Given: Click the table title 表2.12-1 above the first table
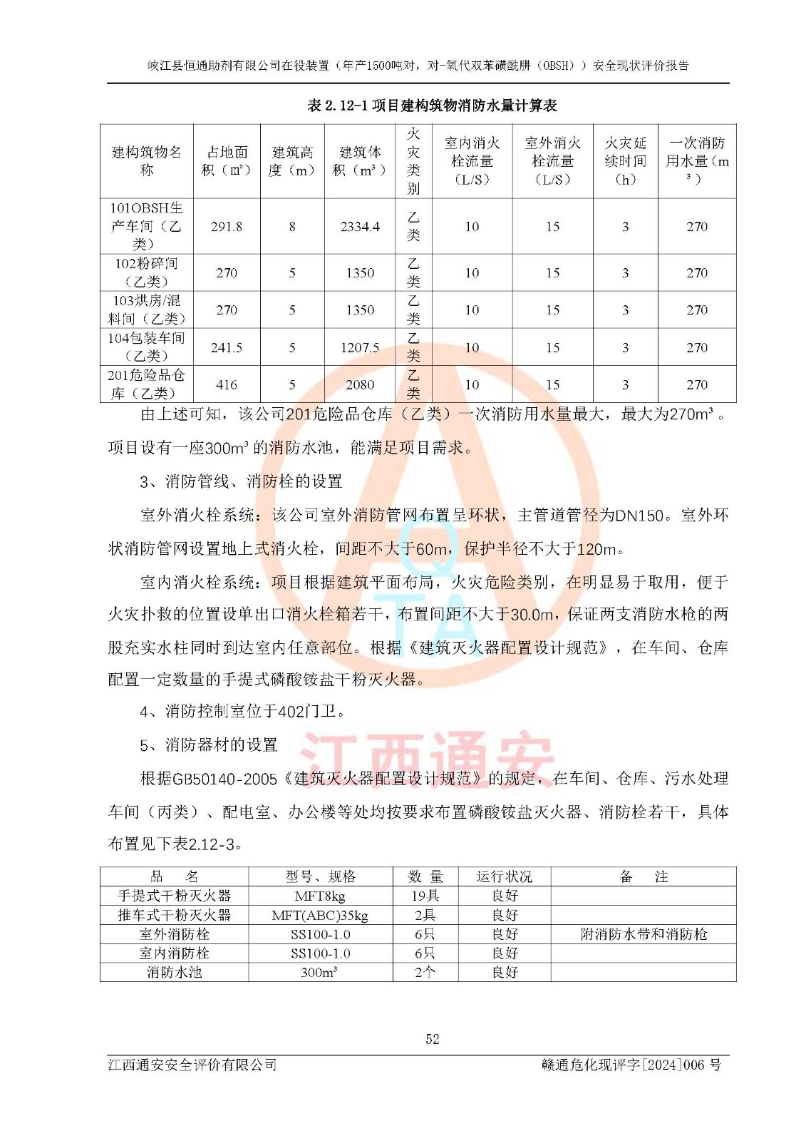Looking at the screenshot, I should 432,106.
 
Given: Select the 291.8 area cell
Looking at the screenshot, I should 226,227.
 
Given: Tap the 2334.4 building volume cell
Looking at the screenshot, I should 360,227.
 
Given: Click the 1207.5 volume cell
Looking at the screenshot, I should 360,348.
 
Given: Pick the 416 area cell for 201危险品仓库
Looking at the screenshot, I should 226,385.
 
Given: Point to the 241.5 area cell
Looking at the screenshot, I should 226,348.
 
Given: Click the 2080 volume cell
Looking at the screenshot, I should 360,385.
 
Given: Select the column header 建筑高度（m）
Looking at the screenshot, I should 292,161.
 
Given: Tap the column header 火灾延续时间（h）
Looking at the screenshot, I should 625,161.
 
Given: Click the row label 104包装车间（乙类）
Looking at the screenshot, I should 146,347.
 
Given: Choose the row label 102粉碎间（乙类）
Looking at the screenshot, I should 146,272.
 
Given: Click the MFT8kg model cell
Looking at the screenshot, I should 320,896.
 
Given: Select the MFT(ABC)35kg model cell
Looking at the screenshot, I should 320,916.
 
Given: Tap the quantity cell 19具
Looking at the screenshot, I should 425,896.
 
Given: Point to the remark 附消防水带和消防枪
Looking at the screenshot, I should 644,934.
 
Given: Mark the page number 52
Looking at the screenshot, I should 433,1039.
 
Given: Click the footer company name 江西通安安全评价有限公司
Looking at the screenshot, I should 192,1065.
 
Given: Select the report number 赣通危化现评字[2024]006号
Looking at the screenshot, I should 631,1065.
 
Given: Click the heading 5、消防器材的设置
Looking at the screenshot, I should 209,745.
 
